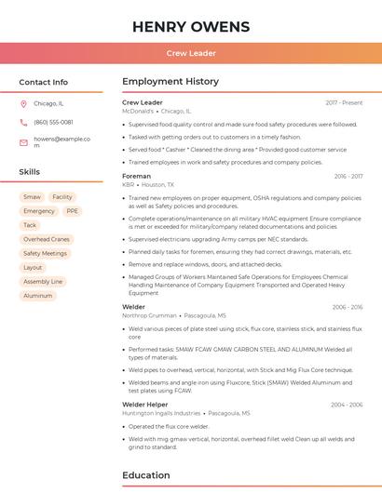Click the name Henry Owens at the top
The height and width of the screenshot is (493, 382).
click(191, 26)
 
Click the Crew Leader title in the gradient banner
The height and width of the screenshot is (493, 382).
click(191, 53)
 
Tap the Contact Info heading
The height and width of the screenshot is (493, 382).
click(44, 82)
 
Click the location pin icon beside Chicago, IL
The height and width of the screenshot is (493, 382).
click(24, 103)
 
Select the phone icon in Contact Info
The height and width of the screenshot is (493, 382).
click(24, 122)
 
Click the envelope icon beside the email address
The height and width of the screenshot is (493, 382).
click(24, 142)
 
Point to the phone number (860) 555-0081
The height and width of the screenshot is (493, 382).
click(53, 122)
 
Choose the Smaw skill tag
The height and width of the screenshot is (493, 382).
click(33, 197)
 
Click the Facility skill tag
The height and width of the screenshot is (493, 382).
click(62, 197)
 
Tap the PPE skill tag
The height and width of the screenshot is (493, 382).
click(72, 211)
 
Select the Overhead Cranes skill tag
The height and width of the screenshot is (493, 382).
click(47, 239)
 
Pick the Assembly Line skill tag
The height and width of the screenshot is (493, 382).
click(43, 281)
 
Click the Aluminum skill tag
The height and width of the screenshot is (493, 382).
click(38, 296)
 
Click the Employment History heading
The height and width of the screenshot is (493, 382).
click(171, 82)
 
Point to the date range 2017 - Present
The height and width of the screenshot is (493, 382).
click(344, 102)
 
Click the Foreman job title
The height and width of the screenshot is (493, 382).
click(136, 176)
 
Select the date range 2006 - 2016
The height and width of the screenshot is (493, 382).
click(347, 307)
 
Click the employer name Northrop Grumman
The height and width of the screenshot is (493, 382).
click(149, 315)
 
